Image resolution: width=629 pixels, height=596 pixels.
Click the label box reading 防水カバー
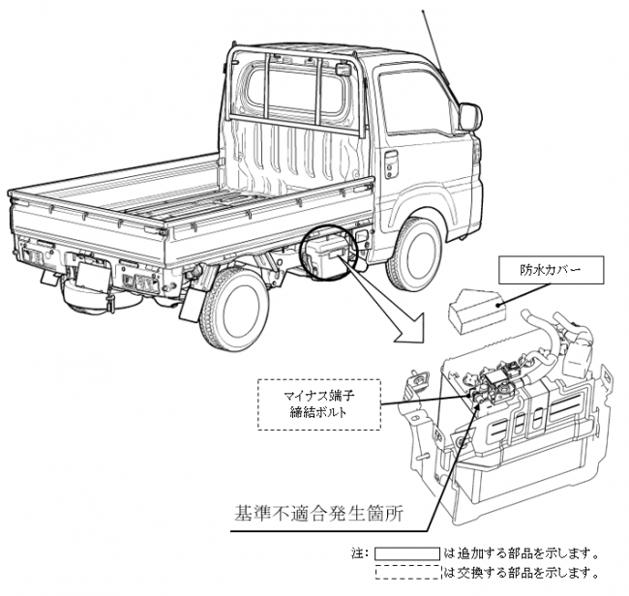552,270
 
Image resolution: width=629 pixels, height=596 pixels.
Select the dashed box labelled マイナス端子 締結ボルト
319,404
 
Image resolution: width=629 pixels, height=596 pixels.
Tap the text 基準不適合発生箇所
318,514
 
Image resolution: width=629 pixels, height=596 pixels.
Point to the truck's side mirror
469,117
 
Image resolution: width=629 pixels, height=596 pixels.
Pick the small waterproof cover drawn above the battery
476,310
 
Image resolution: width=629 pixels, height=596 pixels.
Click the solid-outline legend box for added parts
407,553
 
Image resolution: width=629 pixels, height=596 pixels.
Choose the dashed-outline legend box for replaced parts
407,572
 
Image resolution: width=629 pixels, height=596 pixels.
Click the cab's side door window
415,103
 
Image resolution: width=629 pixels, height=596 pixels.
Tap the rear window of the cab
295,91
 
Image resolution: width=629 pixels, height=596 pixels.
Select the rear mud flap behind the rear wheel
191,304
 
